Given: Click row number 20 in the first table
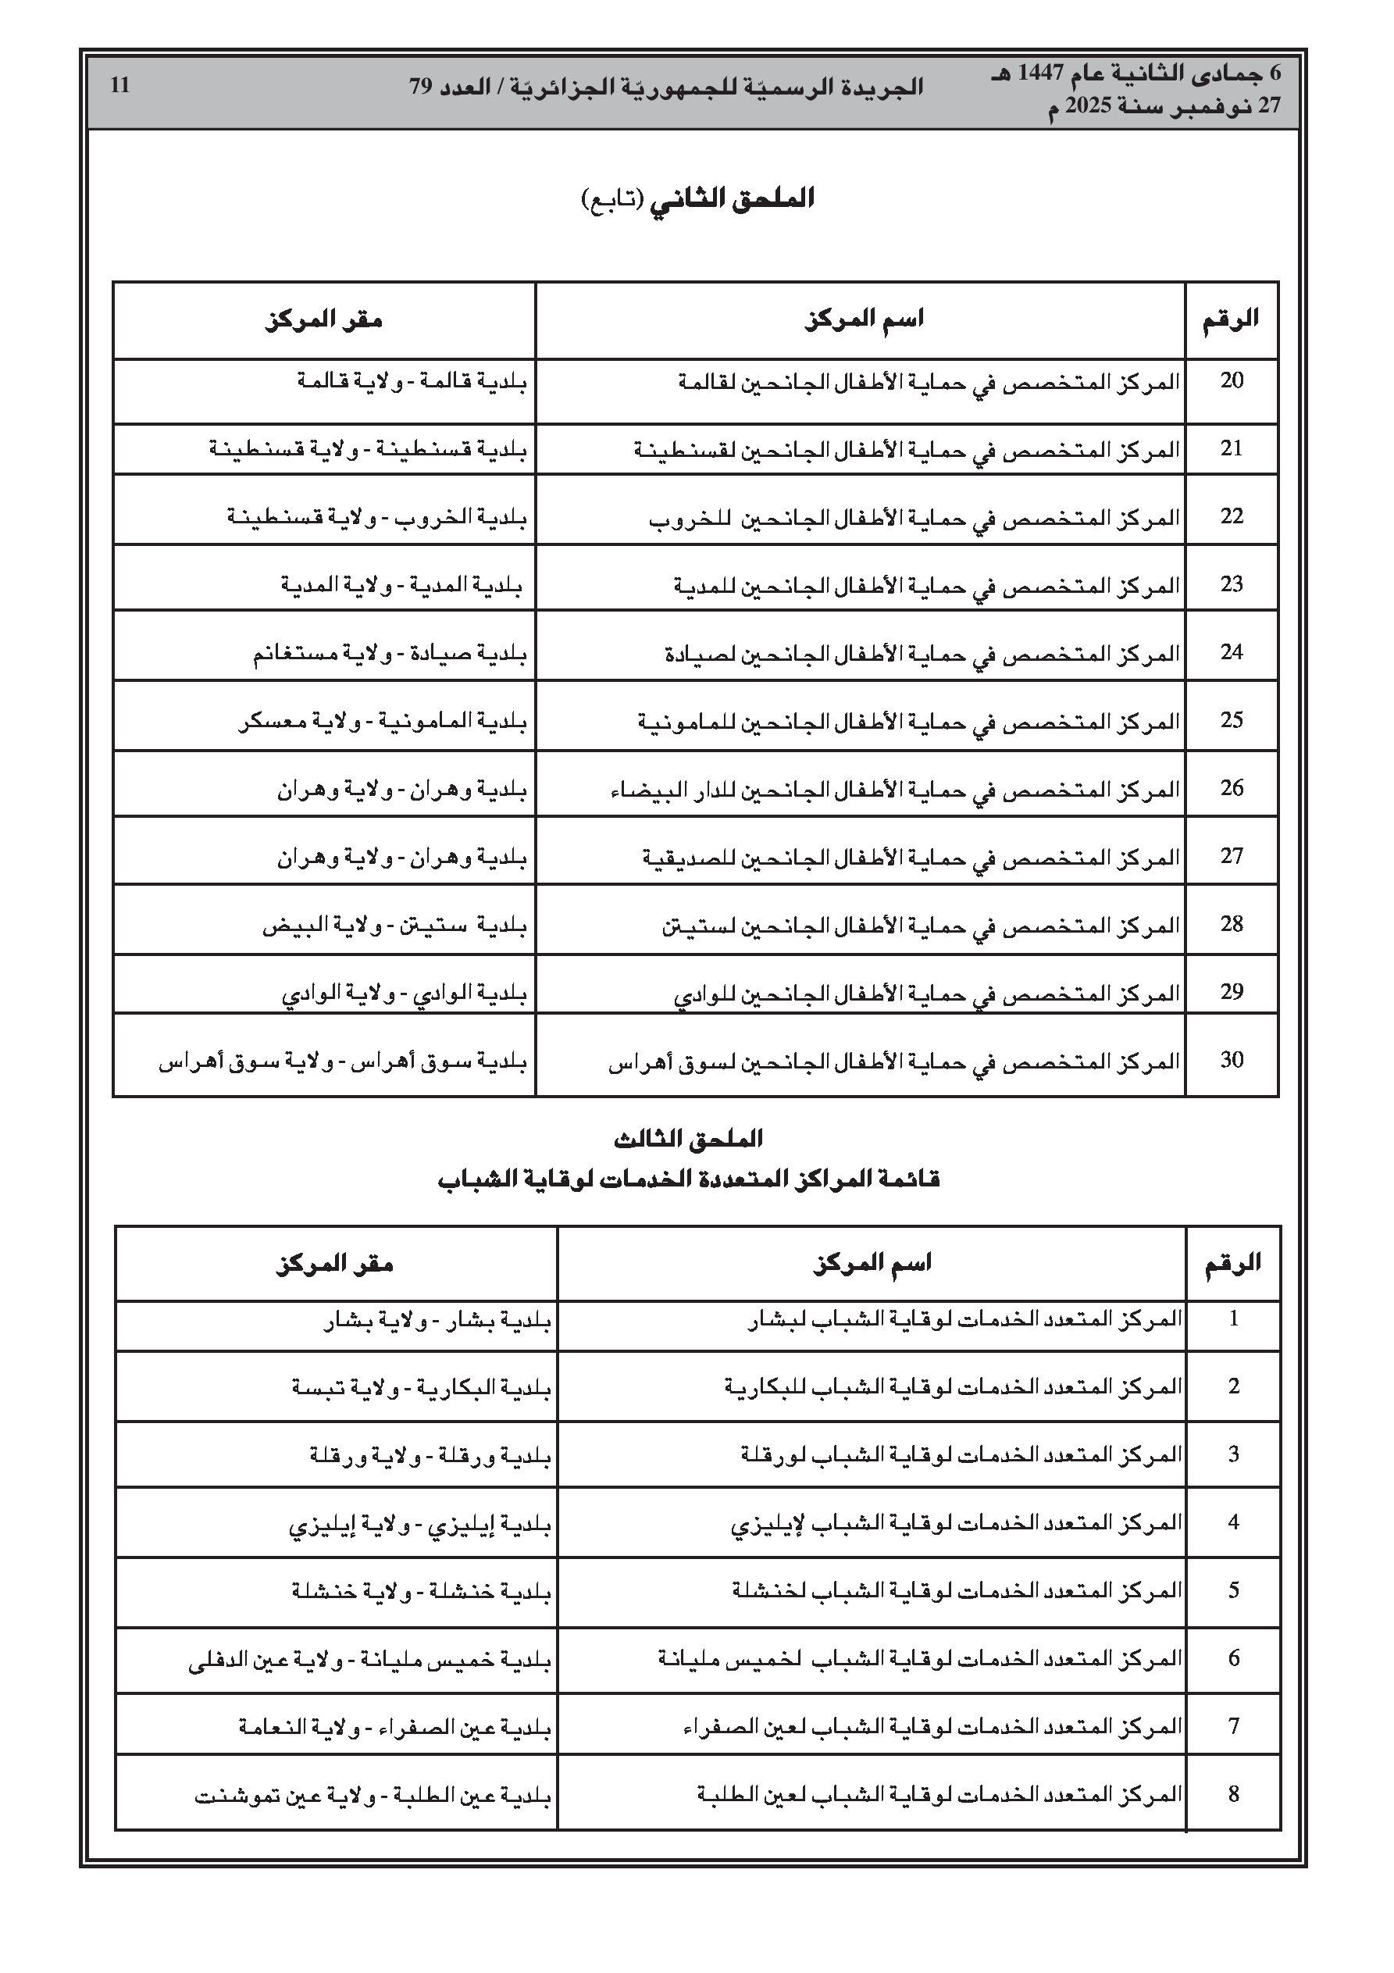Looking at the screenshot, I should (1232, 380).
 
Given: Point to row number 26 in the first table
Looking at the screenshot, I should (1232, 788).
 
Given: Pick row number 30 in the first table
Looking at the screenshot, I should (1232, 1061).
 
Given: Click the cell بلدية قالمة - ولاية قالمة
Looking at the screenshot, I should (412, 380).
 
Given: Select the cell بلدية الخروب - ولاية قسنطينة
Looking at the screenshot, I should (376, 517).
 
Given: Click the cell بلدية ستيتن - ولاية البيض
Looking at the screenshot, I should (394, 926).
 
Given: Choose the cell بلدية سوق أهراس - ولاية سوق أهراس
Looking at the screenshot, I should (342, 1062).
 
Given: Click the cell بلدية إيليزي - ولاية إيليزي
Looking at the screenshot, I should (419, 1525).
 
